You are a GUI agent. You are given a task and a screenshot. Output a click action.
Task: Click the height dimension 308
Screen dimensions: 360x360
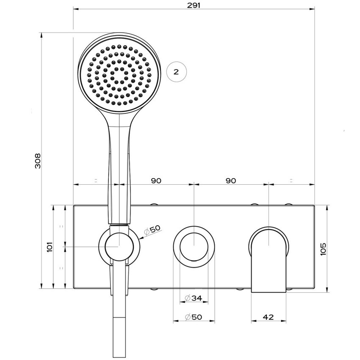[38, 161]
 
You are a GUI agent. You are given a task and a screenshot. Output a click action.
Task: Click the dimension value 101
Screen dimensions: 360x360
[50, 246]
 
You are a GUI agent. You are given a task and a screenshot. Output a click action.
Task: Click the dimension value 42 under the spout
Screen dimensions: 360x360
[268, 317]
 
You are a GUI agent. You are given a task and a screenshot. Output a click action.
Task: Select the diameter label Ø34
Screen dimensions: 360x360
[194, 298]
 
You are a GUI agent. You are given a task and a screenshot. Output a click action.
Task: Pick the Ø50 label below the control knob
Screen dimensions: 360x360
[194, 317]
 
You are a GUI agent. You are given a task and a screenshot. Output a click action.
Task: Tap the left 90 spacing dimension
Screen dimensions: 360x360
[156, 181]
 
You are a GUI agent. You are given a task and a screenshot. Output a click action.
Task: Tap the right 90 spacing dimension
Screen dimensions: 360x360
[231, 181]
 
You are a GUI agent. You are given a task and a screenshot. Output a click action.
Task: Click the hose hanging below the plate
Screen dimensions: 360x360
[119, 326]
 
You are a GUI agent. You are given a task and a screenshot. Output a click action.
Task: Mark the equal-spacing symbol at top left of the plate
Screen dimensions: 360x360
[96, 181]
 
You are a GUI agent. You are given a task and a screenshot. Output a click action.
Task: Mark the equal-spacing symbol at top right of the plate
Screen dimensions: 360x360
[291, 181]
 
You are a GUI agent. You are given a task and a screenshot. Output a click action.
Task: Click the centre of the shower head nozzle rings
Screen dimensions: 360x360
[120, 75]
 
